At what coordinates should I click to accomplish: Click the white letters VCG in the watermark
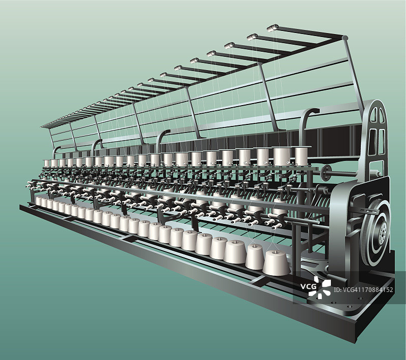(x=309, y=286)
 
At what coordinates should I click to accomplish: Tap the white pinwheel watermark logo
(x=320, y=287)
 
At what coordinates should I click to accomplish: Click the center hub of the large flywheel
(x=382, y=235)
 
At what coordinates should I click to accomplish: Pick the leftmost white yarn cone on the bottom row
(x=39, y=201)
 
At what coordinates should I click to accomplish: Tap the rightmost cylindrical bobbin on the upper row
(x=301, y=156)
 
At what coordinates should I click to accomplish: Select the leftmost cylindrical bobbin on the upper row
(x=47, y=163)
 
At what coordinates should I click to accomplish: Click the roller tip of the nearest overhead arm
(x=273, y=27)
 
